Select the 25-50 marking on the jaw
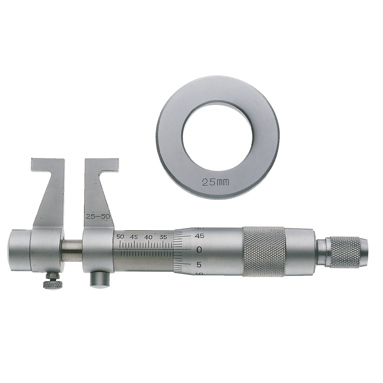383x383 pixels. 98,216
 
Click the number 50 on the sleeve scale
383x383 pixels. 120,237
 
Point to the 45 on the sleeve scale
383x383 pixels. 134,237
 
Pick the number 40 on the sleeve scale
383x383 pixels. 148,237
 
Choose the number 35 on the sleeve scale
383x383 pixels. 163,237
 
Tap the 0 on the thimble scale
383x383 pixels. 199,250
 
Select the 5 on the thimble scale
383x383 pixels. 199,264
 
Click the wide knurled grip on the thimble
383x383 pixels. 264,251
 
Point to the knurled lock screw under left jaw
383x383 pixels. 52,284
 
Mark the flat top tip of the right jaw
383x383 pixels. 101,165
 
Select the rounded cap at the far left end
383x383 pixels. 19,250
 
